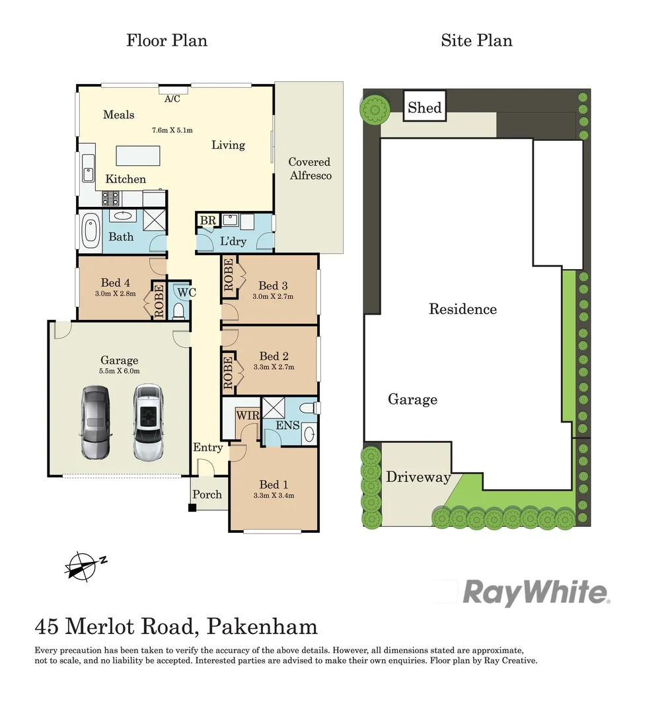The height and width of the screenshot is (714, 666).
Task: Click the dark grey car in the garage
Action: (96, 423)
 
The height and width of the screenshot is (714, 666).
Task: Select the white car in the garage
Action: (147, 423)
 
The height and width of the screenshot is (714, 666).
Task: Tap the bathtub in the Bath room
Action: (90, 232)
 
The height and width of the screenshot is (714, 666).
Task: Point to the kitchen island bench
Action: (141, 156)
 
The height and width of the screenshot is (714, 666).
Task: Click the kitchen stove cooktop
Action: (110, 197)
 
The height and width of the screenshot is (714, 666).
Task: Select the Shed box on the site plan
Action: (424, 107)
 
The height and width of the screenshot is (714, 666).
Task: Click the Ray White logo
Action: (535, 592)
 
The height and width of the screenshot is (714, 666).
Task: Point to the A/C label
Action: (172, 99)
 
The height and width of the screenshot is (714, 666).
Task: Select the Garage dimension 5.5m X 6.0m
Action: (120, 371)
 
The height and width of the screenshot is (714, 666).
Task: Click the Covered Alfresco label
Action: (309, 169)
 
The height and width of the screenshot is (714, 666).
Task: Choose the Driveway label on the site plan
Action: (418, 477)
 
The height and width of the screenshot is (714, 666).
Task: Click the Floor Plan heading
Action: (166, 40)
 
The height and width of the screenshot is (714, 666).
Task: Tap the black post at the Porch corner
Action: (192, 508)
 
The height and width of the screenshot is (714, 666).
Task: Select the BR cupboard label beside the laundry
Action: (207, 220)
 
